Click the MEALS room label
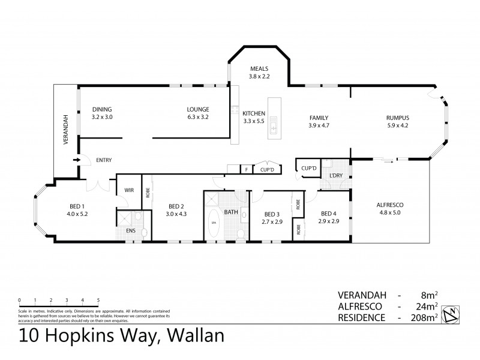click(259, 68)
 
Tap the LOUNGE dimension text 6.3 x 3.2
click(197, 118)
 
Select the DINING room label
click(102, 109)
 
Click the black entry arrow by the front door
click(76, 160)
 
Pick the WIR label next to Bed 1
click(128, 190)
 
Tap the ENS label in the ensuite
click(131, 230)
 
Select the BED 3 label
click(272, 214)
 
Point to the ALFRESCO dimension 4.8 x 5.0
click(389, 213)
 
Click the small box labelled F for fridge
click(246, 170)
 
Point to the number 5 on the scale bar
click(98, 299)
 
